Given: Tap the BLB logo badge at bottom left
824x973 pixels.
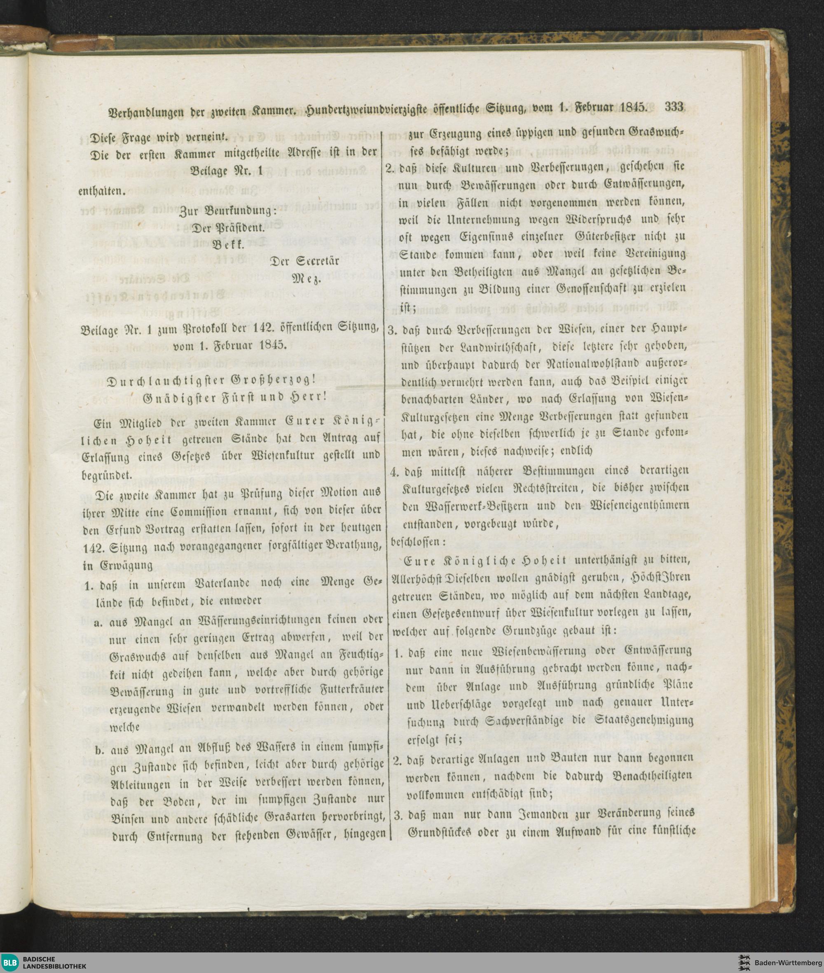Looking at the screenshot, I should point(10,961).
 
